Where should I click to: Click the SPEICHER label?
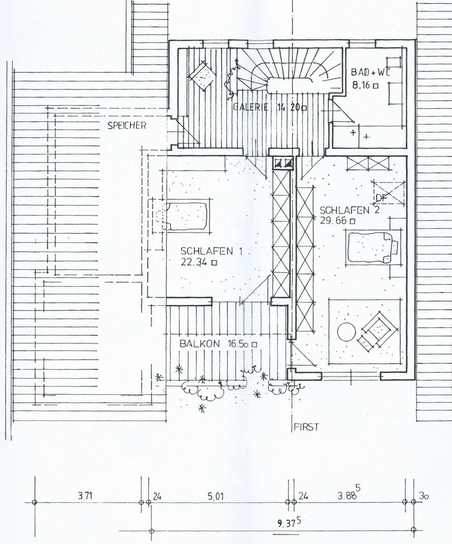pyautogui.click(x=127, y=126)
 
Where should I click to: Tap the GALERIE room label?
pyautogui.click(x=250, y=107)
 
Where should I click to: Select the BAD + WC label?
pyautogui.click(x=370, y=72)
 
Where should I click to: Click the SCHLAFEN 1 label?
pyautogui.click(x=211, y=251)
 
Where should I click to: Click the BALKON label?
pyautogui.click(x=200, y=344)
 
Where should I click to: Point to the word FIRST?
pyautogui.click(x=306, y=427)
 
